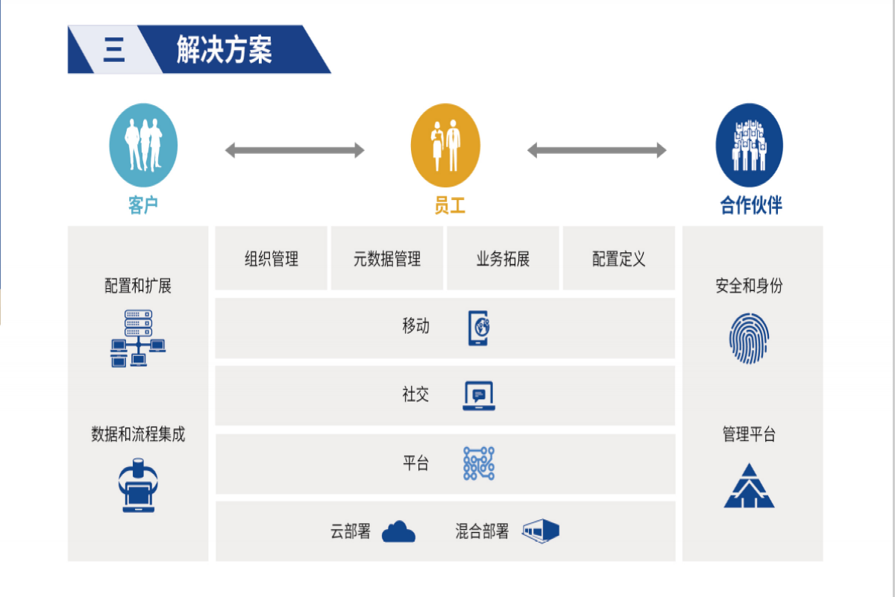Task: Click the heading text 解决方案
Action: (224, 50)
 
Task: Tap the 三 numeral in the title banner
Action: (113, 50)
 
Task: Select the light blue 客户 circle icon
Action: (143, 145)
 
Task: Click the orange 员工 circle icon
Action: (445, 145)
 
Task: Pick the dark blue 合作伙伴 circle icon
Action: (749, 145)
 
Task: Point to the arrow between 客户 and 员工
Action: (295, 151)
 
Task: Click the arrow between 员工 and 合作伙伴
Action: (597, 151)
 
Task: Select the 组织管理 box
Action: (271, 258)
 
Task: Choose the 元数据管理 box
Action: (387, 258)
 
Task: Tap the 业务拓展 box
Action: (503, 258)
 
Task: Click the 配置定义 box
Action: (618, 258)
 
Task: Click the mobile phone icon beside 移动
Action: (478, 328)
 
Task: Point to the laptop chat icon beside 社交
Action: (479, 396)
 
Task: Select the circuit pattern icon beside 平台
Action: (479, 463)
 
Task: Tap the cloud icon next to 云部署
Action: (398, 532)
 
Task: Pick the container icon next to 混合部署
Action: (541, 531)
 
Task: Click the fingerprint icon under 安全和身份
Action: (749, 339)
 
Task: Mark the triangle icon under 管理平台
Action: (749, 486)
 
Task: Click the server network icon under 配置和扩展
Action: (138, 338)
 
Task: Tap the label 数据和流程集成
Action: (138, 434)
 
